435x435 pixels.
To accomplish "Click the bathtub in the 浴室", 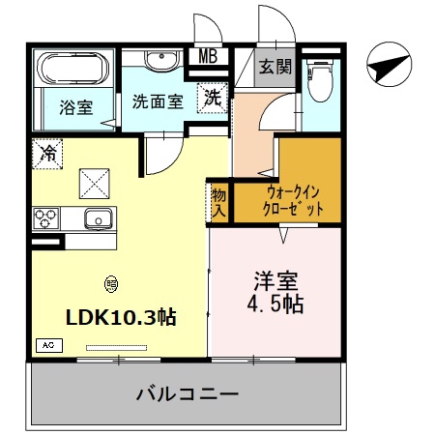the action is (73, 68).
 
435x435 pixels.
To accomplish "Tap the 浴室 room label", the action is (76, 107).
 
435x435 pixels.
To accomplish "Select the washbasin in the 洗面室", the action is (161, 60).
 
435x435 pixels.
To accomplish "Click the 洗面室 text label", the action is (158, 101).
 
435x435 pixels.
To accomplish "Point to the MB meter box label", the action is (208, 56).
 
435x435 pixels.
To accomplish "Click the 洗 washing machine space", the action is (213, 98).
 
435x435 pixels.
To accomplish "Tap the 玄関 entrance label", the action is (275, 67).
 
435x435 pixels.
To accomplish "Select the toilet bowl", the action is (321, 79).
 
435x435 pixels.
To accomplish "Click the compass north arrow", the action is (390, 64).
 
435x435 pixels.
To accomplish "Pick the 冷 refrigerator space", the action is (47, 154).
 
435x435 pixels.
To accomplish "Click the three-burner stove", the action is (45, 218).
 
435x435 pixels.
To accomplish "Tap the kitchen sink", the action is (99, 218).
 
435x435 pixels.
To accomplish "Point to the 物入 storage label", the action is (218, 203).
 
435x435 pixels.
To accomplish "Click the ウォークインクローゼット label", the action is (293, 201).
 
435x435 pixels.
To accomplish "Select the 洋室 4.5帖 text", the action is (275, 292).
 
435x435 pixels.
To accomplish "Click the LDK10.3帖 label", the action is (121, 317).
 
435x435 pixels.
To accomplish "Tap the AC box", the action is (49, 345).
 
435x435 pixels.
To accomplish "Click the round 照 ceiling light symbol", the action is (111, 284).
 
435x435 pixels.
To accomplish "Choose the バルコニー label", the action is (188, 393).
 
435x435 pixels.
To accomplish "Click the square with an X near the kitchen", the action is (95, 184).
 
